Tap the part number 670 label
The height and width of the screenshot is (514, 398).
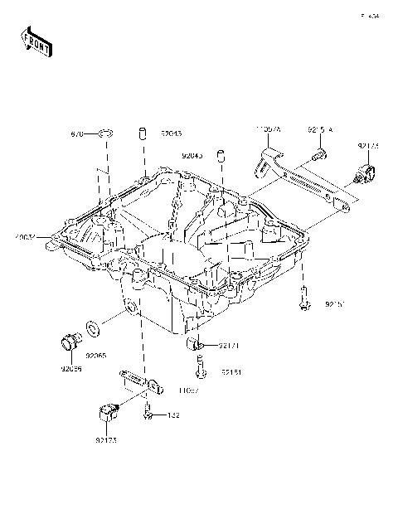[x=77, y=133]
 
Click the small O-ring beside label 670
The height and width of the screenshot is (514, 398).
[x=104, y=133]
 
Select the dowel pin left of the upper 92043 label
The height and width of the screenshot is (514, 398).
[x=142, y=133]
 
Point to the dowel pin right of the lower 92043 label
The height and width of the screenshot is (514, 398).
[x=221, y=155]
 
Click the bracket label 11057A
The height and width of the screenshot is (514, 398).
[x=269, y=130]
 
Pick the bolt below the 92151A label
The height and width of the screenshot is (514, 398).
[x=319, y=153]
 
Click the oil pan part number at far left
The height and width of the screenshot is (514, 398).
[x=23, y=238]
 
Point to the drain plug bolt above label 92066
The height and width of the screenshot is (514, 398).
[x=69, y=342]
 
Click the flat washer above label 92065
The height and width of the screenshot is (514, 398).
[x=93, y=331]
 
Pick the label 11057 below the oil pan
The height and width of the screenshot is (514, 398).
[x=189, y=386]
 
